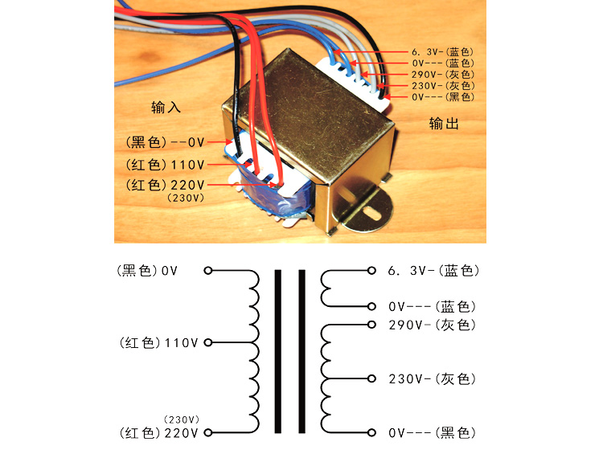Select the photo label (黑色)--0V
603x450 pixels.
point(166,142)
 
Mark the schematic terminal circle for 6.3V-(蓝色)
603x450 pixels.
point(371,271)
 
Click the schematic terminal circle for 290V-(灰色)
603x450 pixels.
point(371,325)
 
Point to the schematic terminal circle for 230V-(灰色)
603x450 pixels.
point(371,378)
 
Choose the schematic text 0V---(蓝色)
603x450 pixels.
point(432,306)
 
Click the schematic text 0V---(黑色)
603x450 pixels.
point(432,432)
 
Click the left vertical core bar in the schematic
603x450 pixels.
point(278,350)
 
